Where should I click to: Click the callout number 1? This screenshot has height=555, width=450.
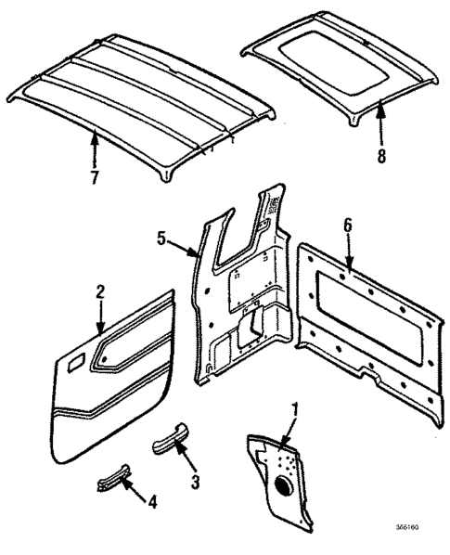point(296,407)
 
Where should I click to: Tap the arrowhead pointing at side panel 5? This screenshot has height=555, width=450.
point(196,252)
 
